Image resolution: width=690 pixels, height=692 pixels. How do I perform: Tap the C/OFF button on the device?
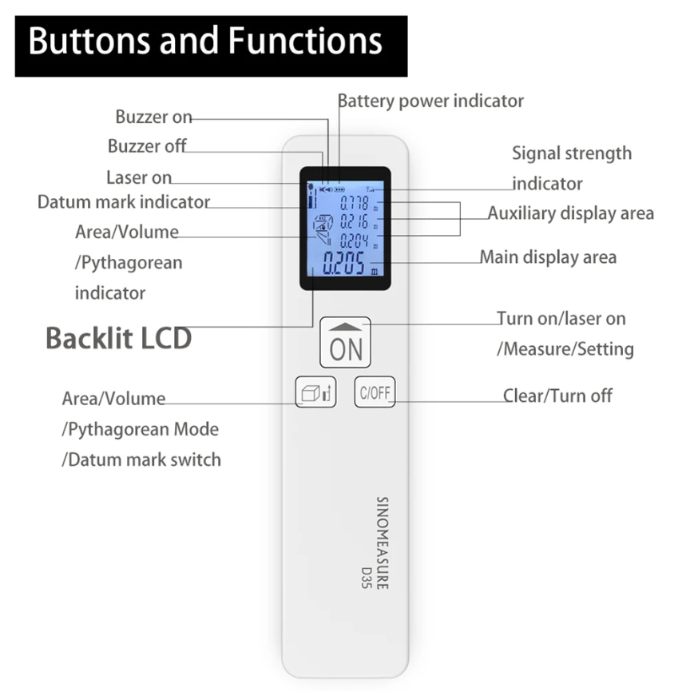click(x=375, y=392)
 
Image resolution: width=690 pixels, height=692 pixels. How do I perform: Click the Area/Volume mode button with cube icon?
click(x=315, y=392)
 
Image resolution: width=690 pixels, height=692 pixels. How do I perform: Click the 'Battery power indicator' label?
click(x=430, y=101)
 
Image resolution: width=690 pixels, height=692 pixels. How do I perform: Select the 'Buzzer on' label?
click(x=153, y=117)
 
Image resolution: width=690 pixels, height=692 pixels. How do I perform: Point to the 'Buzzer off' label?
click(x=147, y=147)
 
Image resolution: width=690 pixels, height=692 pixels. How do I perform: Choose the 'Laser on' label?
click(x=139, y=177)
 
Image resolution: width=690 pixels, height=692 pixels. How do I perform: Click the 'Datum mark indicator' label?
click(x=124, y=202)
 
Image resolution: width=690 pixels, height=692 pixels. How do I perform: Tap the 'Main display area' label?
click(x=548, y=257)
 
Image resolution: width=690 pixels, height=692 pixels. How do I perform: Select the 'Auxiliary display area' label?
click(x=570, y=213)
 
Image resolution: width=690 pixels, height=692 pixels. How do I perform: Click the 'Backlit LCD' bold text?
click(x=118, y=338)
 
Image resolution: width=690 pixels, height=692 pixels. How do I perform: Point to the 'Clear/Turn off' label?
click(x=557, y=396)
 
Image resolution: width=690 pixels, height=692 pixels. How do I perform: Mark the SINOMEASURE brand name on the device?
click(x=382, y=543)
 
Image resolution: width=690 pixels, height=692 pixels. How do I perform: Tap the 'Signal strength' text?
click(x=571, y=153)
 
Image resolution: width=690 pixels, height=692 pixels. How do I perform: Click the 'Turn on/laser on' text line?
click(x=561, y=318)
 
